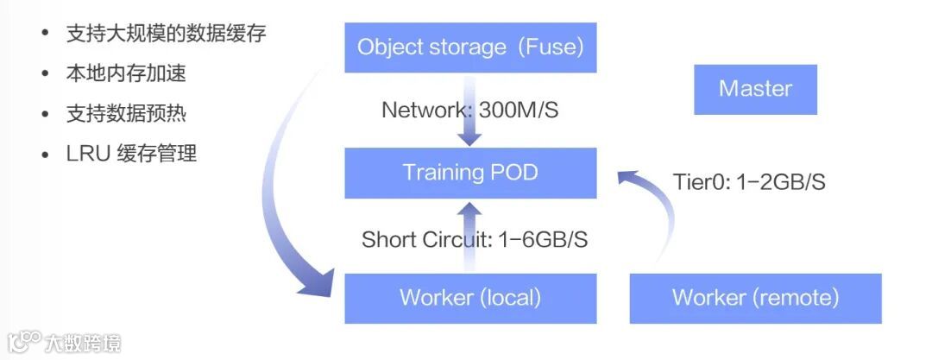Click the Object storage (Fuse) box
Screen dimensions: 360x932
[x=470, y=47]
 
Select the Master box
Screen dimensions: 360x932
[x=755, y=89]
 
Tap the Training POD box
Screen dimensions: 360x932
[x=470, y=173]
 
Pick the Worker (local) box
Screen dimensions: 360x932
[x=470, y=298]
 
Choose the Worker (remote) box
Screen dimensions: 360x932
[x=755, y=298]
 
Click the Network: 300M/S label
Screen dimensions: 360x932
[x=466, y=111]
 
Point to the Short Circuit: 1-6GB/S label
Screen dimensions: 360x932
[x=475, y=239]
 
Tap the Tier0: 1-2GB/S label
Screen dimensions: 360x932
[x=748, y=182]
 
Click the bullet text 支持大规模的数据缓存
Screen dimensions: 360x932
[x=166, y=35]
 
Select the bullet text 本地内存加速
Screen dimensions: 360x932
[x=126, y=73]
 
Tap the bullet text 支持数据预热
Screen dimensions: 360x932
[x=126, y=113]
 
